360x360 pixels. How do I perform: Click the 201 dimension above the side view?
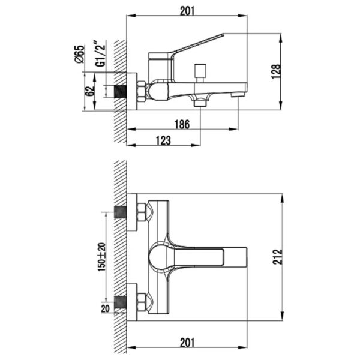click(x=187, y=11)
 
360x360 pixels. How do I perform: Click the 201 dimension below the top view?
click(x=187, y=343)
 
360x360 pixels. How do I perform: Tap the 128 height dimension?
click(x=276, y=71)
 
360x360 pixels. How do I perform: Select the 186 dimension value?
click(x=182, y=124)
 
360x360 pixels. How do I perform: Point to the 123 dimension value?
click(x=163, y=140)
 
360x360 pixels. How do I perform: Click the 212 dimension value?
click(x=278, y=257)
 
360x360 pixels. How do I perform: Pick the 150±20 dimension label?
click(x=102, y=257)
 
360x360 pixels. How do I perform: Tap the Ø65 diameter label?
click(x=79, y=54)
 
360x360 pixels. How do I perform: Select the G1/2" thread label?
click(x=100, y=53)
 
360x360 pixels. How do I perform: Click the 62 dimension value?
click(x=90, y=91)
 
